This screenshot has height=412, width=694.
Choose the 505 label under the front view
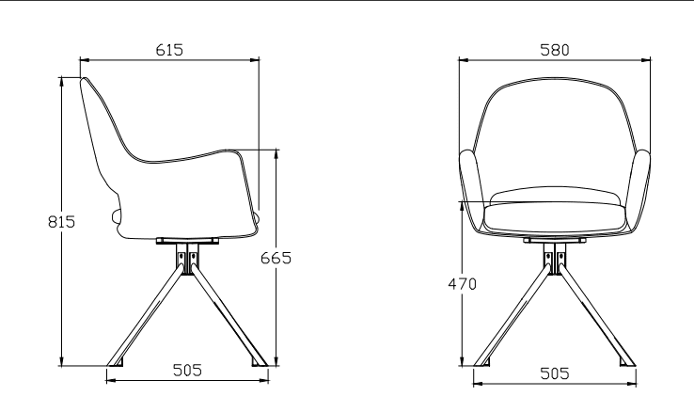[x=554, y=372]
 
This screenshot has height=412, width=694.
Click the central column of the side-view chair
[x=187, y=259]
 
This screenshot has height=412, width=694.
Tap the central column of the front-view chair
[x=554, y=259]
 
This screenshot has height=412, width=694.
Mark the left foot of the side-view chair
[x=116, y=361]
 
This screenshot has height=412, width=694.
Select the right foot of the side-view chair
[x=259, y=361]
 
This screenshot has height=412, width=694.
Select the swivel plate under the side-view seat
[x=186, y=240]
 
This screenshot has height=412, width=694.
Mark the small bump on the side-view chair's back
[x=117, y=217]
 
